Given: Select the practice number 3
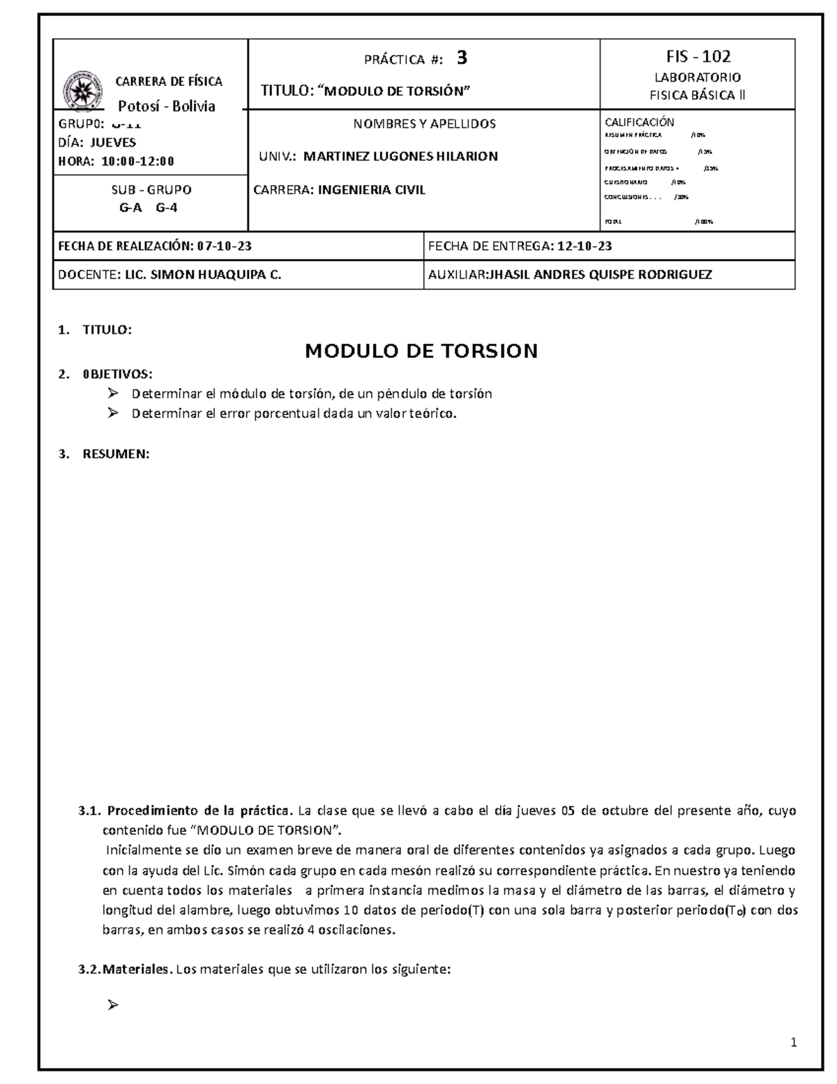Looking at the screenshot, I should pyautogui.click(x=462, y=59).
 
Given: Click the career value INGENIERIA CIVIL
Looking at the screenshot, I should pyautogui.click(x=371, y=190).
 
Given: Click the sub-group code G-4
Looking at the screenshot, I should pyautogui.click(x=167, y=207).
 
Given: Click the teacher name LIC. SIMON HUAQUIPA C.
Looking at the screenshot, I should pyautogui.click(x=202, y=275).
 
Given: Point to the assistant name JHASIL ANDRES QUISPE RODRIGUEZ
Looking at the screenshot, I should pyautogui.click(x=601, y=275).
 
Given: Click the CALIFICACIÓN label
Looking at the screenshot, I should pyautogui.click(x=639, y=122).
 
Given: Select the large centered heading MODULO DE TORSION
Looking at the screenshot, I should pyautogui.click(x=421, y=350).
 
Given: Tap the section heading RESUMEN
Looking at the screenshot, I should pyautogui.click(x=116, y=454).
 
